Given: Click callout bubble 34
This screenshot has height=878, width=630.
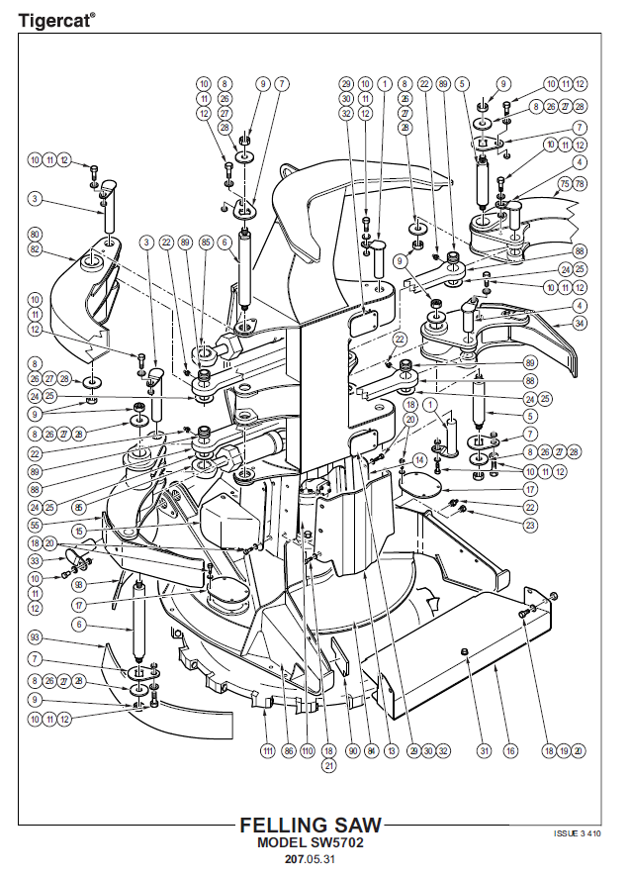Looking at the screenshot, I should [581, 322].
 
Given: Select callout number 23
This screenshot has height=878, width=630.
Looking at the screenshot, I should [530, 525].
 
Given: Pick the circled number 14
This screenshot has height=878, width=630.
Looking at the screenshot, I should [419, 460].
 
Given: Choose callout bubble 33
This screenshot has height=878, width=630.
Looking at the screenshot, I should [36, 560].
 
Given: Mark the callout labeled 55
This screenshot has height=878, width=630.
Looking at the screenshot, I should [36, 526].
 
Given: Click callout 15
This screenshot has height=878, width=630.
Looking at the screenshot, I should [78, 531].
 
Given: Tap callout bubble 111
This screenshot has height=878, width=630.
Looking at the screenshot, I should [267, 751].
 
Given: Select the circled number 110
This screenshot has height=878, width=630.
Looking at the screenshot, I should [307, 751].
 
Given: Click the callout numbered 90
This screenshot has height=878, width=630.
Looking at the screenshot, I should [353, 751].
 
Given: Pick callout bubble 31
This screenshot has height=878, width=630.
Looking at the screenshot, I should [485, 751].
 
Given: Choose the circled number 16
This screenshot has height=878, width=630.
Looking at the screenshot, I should [510, 751].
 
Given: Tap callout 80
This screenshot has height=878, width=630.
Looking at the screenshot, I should [36, 236].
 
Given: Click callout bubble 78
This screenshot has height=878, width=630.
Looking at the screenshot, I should [580, 183].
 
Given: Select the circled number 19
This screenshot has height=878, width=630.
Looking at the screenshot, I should [564, 751].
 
